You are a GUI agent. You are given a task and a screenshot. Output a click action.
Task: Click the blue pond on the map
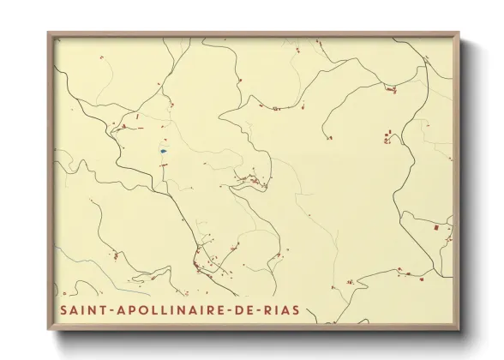click(x=163, y=152)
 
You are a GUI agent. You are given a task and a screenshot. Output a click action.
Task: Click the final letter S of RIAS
click(x=296, y=309)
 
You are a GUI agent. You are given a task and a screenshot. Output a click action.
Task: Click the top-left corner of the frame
click(x=48, y=33)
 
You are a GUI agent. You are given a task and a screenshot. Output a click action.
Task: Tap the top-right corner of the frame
click(x=459, y=33)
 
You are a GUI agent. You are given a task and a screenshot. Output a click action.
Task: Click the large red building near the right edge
click(x=436, y=228)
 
